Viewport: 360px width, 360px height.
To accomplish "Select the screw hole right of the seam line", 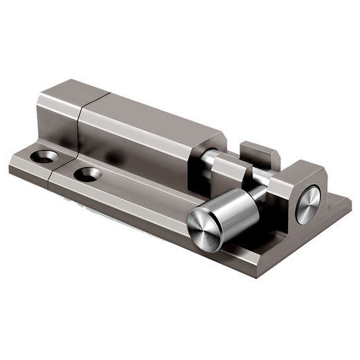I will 87,171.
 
